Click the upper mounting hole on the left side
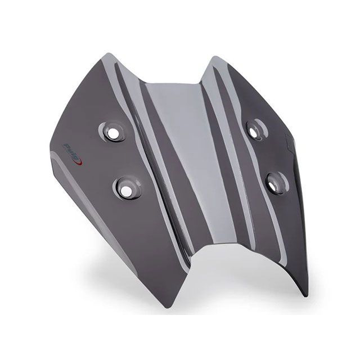[112, 133]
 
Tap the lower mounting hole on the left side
[126, 190]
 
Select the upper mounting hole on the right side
[254, 131]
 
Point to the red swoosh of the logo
[80, 162]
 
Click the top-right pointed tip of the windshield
[215, 57]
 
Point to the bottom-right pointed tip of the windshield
[304, 296]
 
